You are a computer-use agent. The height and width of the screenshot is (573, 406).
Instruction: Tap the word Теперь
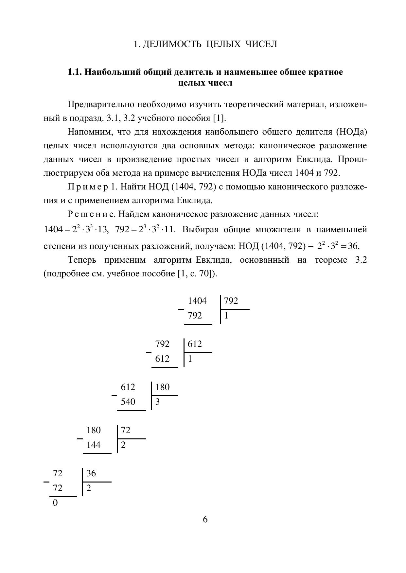pos(82,260)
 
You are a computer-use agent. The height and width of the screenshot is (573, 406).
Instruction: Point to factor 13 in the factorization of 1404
pos(102,230)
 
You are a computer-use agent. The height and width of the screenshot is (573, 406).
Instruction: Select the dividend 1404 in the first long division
pos(197,301)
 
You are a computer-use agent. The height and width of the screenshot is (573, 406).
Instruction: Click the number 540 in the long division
pos(128,401)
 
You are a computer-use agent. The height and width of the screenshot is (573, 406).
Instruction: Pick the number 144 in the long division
pos(94,445)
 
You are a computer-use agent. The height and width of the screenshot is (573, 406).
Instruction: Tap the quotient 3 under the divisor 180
pos(157,402)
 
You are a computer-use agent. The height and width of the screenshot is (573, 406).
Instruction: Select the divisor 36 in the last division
pos(91,473)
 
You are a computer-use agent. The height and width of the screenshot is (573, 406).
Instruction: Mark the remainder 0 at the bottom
pos(55,503)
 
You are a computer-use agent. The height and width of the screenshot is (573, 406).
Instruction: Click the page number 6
pos(205,519)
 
